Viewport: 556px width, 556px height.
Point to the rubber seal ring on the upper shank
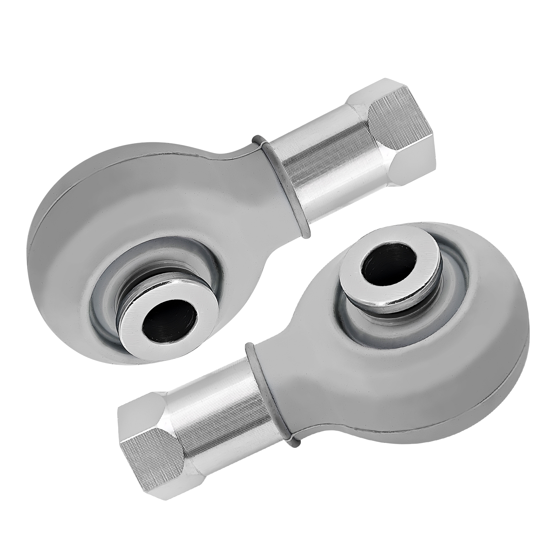pos(280,189)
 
